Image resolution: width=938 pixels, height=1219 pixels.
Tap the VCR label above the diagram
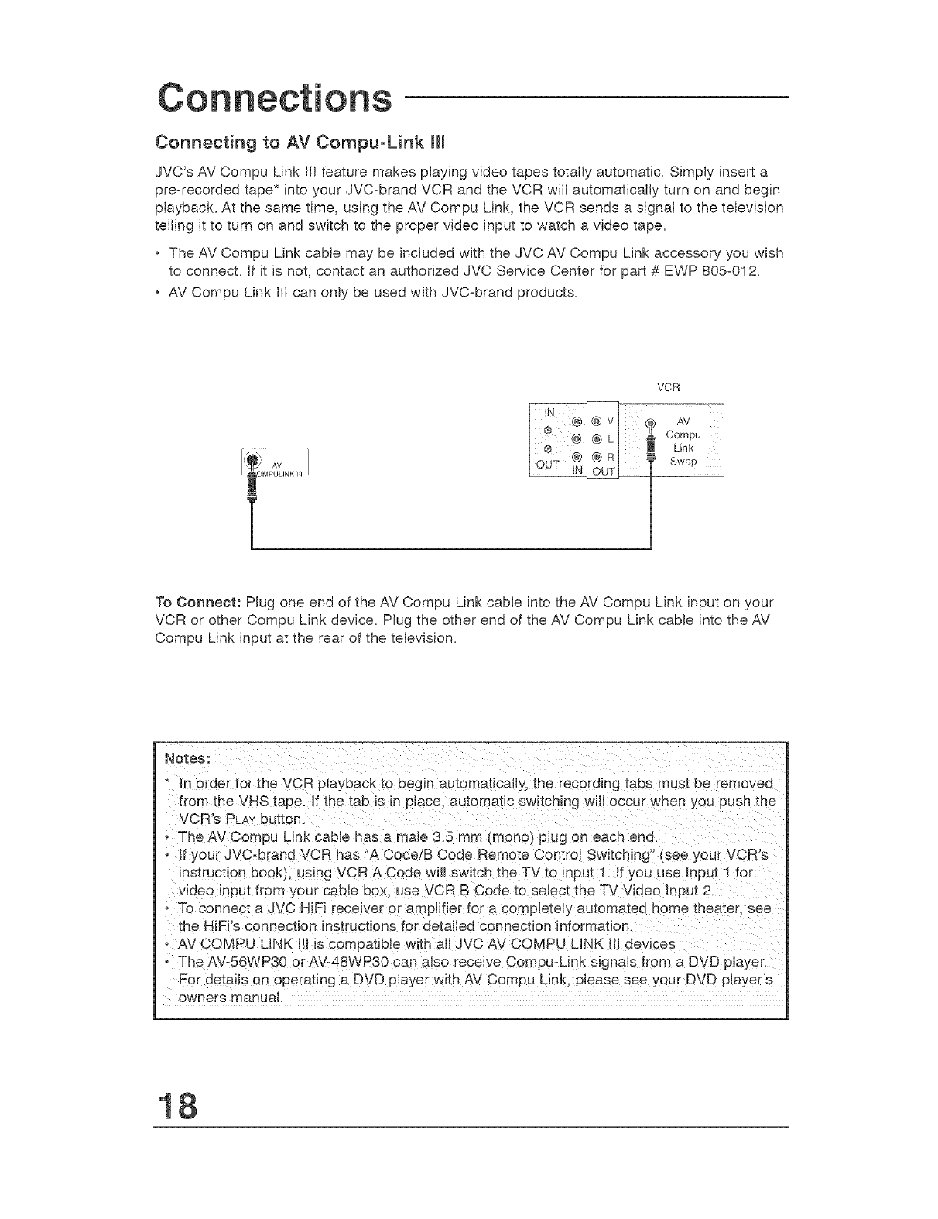(666, 386)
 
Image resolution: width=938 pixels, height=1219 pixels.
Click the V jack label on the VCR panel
(611, 421)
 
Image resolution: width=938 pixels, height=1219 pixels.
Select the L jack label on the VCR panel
(611, 439)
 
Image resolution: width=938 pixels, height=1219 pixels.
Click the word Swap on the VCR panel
(683, 462)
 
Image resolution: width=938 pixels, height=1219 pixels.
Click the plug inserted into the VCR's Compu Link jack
(652, 452)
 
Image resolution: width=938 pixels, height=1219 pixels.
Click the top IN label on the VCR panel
(550, 411)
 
